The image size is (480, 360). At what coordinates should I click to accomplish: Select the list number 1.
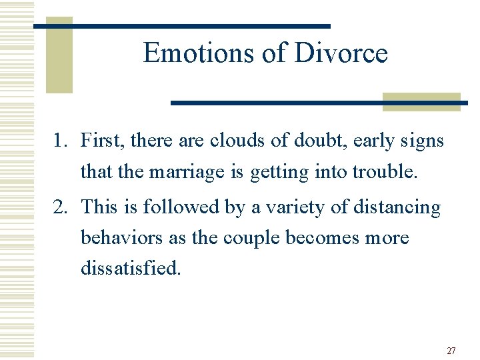pos(60,141)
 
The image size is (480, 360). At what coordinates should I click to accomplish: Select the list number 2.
pos(61,207)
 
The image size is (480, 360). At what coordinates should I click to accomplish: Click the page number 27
pos(451,351)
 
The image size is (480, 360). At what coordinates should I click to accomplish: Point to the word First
pos(102,141)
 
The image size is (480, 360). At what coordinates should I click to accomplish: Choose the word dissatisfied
pos(131,269)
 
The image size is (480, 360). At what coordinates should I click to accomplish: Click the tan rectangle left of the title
pos(59,55)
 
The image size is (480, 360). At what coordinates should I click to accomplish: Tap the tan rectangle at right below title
pos(421,101)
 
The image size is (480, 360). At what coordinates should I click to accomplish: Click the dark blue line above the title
pos(181,26)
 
